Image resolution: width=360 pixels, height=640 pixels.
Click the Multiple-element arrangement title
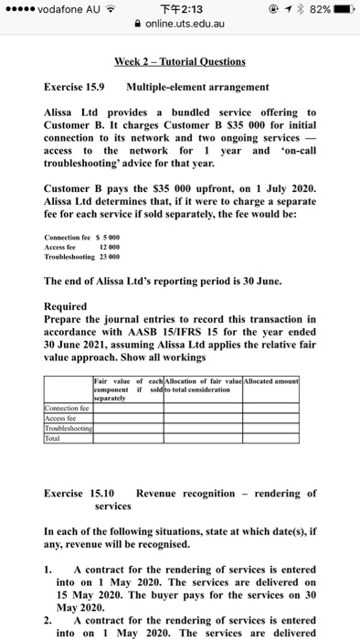[197, 87]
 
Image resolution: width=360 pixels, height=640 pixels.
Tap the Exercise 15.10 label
[77, 494]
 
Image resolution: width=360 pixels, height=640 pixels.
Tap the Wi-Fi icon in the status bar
[109, 10]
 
